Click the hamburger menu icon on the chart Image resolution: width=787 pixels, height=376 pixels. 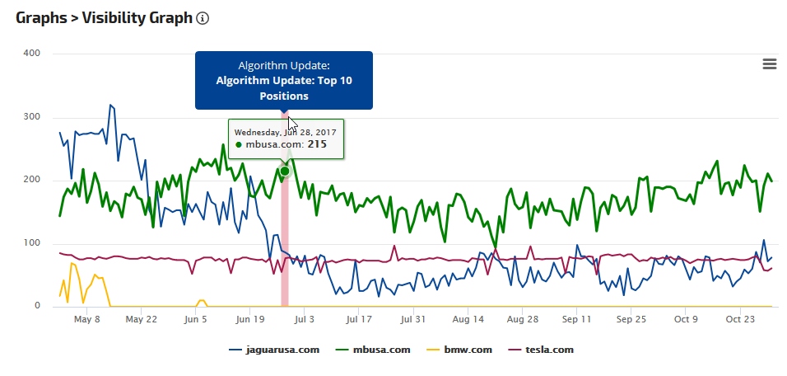770,63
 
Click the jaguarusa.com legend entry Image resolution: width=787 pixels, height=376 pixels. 274,350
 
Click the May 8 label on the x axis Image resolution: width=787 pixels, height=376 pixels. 86,319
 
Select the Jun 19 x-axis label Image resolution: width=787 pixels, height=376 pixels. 249,319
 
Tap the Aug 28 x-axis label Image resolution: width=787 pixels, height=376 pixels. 523,319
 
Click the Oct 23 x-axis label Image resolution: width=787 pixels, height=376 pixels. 740,319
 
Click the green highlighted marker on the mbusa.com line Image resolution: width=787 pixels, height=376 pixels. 285,172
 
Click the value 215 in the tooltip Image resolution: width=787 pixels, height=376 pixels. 317,144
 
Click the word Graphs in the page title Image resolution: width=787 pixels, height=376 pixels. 41,17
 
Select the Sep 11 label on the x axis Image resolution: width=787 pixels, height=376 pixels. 576,319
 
